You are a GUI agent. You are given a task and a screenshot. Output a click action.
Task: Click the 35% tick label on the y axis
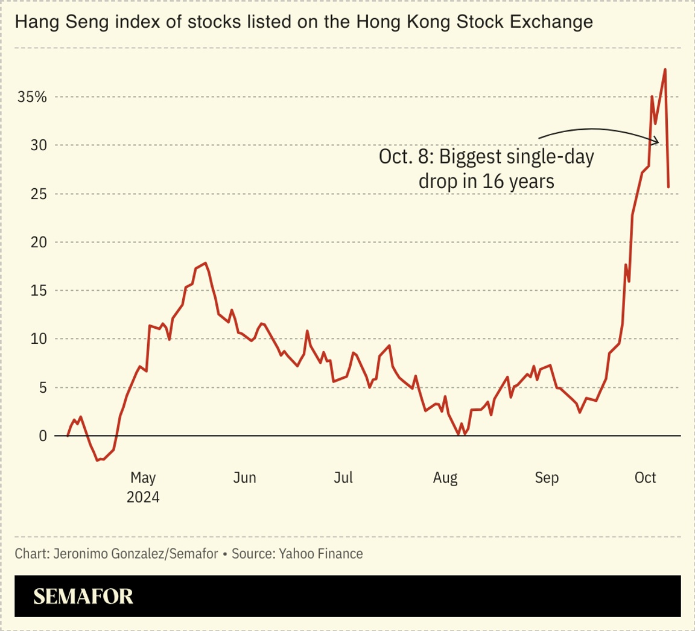[x=32, y=97]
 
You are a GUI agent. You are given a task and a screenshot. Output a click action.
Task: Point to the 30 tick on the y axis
[x=39, y=145]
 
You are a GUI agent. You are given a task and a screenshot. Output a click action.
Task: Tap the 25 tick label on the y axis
[x=39, y=194]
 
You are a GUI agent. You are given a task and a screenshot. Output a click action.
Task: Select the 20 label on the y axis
[x=39, y=243]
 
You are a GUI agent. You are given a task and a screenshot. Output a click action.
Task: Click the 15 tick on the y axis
[x=39, y=291]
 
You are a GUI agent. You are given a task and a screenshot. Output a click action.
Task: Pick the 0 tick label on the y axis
[x=42, y=436]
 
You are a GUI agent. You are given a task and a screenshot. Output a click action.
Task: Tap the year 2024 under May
[x=143, y=498]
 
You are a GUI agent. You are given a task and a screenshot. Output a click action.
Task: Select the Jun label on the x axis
[x=244, y=478]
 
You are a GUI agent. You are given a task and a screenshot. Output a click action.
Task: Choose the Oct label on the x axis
[x=646, y=478]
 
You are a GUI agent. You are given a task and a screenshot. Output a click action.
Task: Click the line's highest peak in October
[x=665, y=69]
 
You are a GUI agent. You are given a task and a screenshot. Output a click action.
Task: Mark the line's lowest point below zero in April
[x=98, y=460]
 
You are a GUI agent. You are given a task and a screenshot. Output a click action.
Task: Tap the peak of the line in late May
[x=206, y=263]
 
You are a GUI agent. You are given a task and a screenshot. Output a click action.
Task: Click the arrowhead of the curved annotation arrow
[x=656, y=141]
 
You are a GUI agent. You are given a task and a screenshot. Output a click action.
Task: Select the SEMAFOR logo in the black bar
[x=83, y=597]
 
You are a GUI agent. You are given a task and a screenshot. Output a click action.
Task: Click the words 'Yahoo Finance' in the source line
[x=320, y=553]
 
